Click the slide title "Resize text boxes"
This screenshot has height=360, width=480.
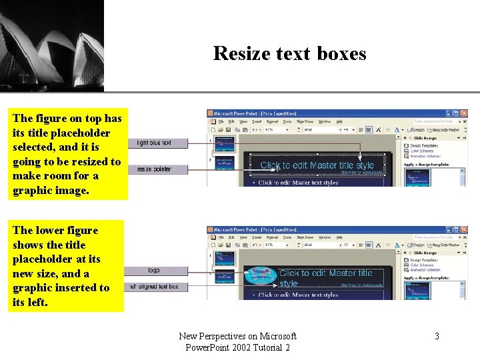(289, 53)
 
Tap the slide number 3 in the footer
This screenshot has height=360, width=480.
(437, 336)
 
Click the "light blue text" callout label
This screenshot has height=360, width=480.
(154, 143)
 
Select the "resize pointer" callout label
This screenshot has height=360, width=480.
(154, 169)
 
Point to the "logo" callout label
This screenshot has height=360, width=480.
(154, 271)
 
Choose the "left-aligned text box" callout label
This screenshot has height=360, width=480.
(154, 287)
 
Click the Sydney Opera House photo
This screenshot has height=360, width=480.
(52, 45)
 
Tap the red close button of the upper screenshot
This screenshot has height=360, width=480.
(464, 113)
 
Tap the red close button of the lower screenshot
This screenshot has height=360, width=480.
(464, 229)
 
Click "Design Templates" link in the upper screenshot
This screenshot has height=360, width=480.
(424, 145)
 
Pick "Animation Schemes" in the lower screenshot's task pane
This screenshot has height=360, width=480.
(425, 269)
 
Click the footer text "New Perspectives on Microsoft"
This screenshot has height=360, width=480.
(237, 336)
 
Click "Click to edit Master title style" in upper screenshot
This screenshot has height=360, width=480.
(317, 165)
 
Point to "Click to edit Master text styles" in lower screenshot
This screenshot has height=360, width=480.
(298, 295)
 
